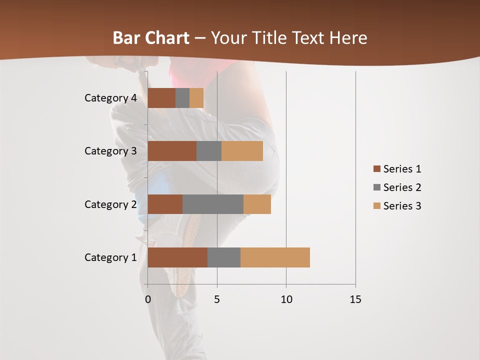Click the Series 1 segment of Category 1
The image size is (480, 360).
(x=177, y=257)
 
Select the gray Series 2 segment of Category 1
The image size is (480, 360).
(x=224, y=257)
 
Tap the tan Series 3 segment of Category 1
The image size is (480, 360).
(x=275, y=257)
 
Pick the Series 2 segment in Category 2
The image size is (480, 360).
(x=213, y=204)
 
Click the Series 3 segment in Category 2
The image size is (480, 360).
(x=257, y=204)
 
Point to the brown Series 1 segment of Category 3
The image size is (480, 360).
(x=172, y=151)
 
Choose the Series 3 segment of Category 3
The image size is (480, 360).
(x=242, y=151)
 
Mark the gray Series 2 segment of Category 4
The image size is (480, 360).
(x=182, y=98)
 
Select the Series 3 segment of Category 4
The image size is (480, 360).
(x=196, y=98)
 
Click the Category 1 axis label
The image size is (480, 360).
(x=110, y=257)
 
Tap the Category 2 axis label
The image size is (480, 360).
(x=110, y=204)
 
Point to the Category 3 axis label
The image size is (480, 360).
(x=110, y=151)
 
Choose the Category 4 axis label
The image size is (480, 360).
(x=110, y=98)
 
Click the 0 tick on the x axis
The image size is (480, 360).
(x=147, y=299)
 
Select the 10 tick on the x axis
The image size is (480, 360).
(x=286, y=299)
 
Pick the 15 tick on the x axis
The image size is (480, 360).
(x=355, y=299)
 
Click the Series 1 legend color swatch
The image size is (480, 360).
(x=376, y=169)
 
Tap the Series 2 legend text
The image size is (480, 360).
(x=402, y=187)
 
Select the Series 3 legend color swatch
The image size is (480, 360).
(x=376, y=206)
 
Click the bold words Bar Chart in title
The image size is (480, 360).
(x=151, y=38)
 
